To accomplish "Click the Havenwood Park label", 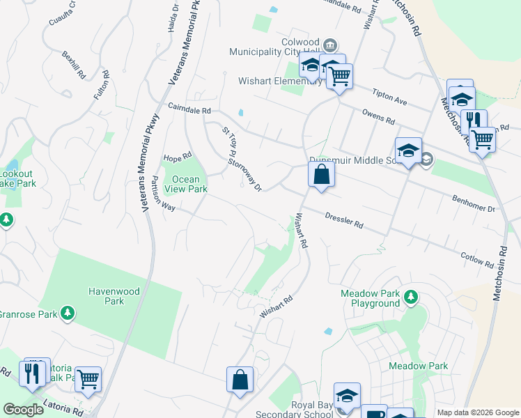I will pyautogui.click(x=105, y=296).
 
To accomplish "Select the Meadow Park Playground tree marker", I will pyautogui.click(x=411, y=298).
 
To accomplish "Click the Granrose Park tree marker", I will pyautogui.click(x=68, y=313).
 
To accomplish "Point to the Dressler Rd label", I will pyautogui.click(x=344, y=221).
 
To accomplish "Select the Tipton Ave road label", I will pyautogui.click(x=389, y=97).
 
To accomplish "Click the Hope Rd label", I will pyautogui.click(x=177, y=157).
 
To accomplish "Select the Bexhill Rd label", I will pyautogui.click(x=72, y=64).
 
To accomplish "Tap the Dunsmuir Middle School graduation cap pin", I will pyautogui.click(x=408, y=150).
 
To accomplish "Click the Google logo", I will pyautogui.click(x=24, y=410).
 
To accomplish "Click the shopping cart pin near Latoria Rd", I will pyautogui.click(x=88, y=380).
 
